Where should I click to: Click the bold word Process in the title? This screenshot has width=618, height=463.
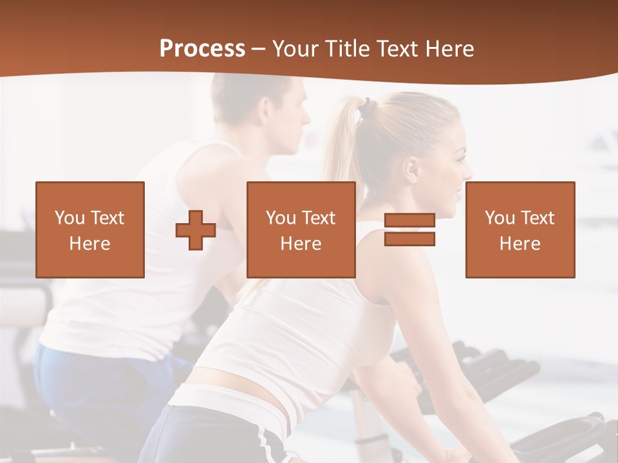(202, 49)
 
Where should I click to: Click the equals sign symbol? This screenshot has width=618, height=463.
(409, 230)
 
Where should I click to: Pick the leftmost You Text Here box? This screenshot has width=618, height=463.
(89, 230)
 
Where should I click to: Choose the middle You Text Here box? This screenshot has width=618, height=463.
(301, 230)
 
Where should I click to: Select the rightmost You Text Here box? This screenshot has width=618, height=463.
(520, 230)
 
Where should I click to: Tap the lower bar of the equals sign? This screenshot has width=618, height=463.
(409, 239)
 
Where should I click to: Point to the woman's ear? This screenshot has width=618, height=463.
(412, 168)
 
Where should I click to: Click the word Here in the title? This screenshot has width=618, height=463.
(449, 49)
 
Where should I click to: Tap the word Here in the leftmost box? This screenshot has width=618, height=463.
(89, 244)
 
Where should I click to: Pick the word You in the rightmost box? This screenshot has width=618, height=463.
(500, 218)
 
